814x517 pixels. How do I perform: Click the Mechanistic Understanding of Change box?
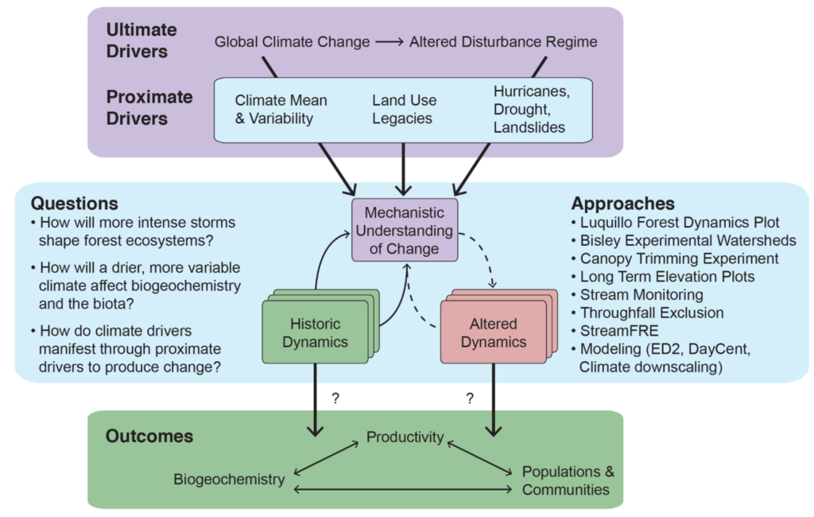coord(405,230)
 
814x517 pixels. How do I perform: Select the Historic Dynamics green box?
coord(315,332)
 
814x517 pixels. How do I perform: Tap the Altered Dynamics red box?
coord(493,332)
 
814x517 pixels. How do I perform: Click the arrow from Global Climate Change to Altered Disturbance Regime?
coord(390,41)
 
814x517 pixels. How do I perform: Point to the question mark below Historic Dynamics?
coord(335,398)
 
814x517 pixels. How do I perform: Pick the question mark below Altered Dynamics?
coord(470,398)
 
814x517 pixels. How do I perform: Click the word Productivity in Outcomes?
coord(405,437)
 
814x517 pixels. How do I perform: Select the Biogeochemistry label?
coord(229,479)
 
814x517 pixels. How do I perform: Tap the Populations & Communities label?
coord(568,480)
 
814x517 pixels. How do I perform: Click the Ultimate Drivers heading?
coord(141,41)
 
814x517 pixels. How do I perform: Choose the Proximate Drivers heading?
coord(149,107)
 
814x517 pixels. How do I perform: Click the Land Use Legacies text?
coord(404,109)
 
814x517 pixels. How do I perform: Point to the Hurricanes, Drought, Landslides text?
coord(531,109)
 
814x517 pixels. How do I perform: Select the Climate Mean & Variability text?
coord(281,109)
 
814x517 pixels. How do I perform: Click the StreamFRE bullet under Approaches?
coord(614,331)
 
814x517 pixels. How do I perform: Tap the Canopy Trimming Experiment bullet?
coord(675,258)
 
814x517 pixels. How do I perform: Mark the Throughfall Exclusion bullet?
coord(647,313)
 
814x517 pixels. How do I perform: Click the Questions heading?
coord(74,203)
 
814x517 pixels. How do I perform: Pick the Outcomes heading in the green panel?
coord(149,436)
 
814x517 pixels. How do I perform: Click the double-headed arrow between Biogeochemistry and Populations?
coord(403,489)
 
